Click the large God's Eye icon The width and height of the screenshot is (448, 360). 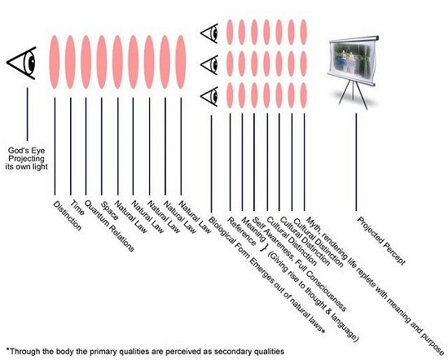tap(22, 63)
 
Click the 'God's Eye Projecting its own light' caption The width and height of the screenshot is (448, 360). tap(26, 159)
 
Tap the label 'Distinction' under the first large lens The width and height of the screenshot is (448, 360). tap(68, 216)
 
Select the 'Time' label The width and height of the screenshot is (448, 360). tap(77, 208)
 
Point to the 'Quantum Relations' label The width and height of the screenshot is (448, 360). tap(109, 226)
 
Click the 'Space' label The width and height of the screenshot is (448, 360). tap(109, 211)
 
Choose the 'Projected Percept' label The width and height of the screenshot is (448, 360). tap(381, 241)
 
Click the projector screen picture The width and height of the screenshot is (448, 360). tap(351, 61)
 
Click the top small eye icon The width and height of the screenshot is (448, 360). tap(209, 33)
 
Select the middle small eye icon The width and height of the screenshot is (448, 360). tap(209, 65)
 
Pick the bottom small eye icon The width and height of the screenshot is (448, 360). tap(209, 96)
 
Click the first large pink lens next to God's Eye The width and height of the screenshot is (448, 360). tap(55, 62)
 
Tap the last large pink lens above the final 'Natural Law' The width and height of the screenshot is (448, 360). tap(181, 62)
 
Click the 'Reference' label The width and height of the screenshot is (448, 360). tap(242, 231)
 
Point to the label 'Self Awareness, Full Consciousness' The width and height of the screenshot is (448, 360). tap(300, 264)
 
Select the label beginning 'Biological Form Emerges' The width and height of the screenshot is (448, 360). tap(267, 274)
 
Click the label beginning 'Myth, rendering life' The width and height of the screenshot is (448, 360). tap(376, 286)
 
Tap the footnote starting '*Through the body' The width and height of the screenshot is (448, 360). tap(145, 351)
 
